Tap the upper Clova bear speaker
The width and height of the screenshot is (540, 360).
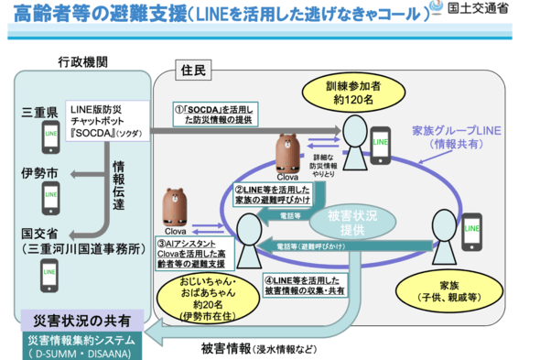coord(290,152)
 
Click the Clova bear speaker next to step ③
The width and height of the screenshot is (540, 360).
coord(178,209)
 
